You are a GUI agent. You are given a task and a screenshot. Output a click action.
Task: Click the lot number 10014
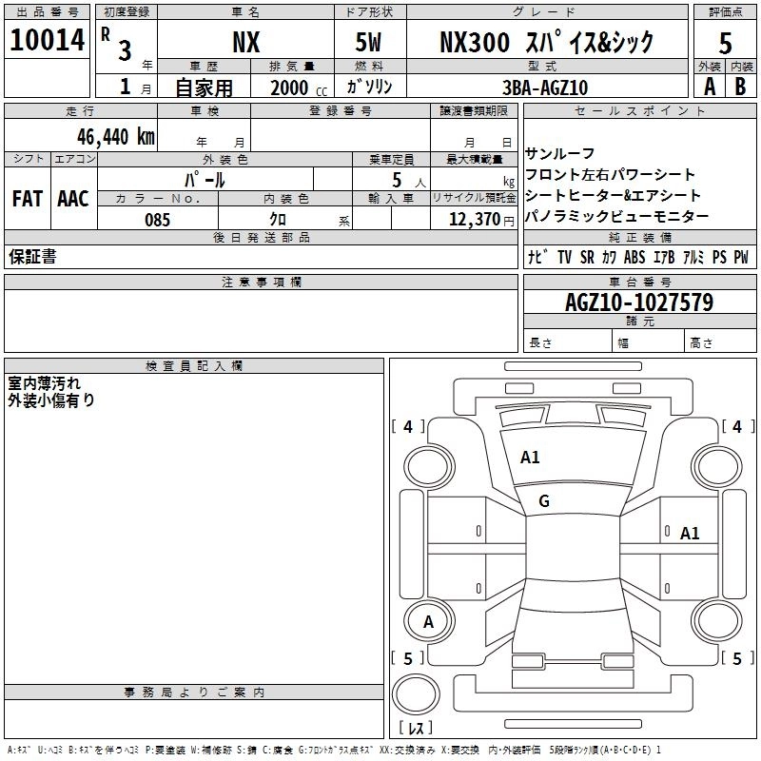pos(47,40)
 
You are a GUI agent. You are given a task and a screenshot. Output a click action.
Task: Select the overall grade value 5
pos(725,43)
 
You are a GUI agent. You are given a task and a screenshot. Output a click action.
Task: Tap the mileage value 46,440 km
pos(115,137)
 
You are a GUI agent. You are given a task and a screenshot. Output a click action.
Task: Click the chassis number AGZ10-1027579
pos(639,302)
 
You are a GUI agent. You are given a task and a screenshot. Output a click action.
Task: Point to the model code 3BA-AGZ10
pos(545,88)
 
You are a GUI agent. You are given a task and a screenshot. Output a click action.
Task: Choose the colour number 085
pos(157,220)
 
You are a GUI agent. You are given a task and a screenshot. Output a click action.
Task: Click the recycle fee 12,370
pos(474,220)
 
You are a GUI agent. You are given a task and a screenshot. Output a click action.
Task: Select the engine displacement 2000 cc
pos(299,88)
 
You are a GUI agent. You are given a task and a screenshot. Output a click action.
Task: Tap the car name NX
pos(246,42)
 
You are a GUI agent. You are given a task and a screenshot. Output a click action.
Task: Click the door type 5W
pos(368,42)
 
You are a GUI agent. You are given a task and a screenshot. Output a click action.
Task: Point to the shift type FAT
pos(28,199)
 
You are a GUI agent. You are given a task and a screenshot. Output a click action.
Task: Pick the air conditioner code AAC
pos(73,199)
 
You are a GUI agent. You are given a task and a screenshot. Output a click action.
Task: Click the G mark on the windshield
pos(544,501)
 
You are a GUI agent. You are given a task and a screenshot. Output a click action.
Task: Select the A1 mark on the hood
pos(530,458)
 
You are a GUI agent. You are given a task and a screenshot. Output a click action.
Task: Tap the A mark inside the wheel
pos(428,622)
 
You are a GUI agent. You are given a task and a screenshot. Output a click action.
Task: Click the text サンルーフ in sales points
pos(559,154)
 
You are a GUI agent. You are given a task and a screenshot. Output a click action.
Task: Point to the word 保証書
pos(32,256)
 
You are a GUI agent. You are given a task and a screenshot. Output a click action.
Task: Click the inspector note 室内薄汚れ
pos(44,383)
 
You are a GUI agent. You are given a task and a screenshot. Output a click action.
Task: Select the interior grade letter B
pos(740,87)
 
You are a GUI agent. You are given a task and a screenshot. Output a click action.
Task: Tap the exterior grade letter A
pos(710,87)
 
